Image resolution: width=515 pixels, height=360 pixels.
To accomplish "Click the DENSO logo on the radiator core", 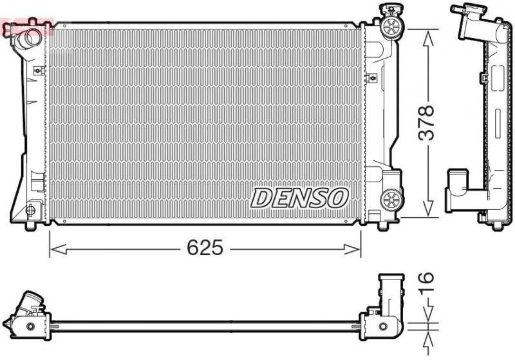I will click(x=299, y=198).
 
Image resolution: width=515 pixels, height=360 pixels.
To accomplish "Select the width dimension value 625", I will click(x=204, y=248).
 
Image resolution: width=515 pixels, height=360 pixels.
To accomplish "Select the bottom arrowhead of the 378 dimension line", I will click(x=426, y=212).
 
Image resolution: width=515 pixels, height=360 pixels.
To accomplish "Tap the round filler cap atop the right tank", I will click(x=389, y=26).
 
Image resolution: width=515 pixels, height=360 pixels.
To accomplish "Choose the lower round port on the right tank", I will click(x=390, y=198).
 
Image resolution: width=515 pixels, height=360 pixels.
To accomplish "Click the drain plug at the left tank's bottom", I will click(x=31, y=210).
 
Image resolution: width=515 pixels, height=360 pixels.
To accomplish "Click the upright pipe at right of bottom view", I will click(x=391, y=294).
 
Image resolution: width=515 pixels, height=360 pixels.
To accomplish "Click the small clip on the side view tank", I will click(x=482, y=79).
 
